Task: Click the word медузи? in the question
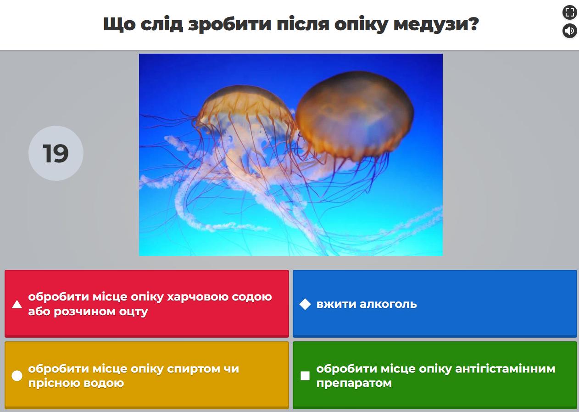436,25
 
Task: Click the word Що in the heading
119,25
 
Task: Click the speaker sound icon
570,31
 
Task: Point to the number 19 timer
56,153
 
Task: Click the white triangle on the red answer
17,304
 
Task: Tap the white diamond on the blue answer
305,304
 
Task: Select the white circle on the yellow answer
17,376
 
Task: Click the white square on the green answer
305,376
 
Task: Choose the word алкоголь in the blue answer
388,304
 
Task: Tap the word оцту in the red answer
134,312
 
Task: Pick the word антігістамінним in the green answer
505,369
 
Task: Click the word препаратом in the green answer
354,383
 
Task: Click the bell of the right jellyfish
355,115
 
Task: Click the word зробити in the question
230,25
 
